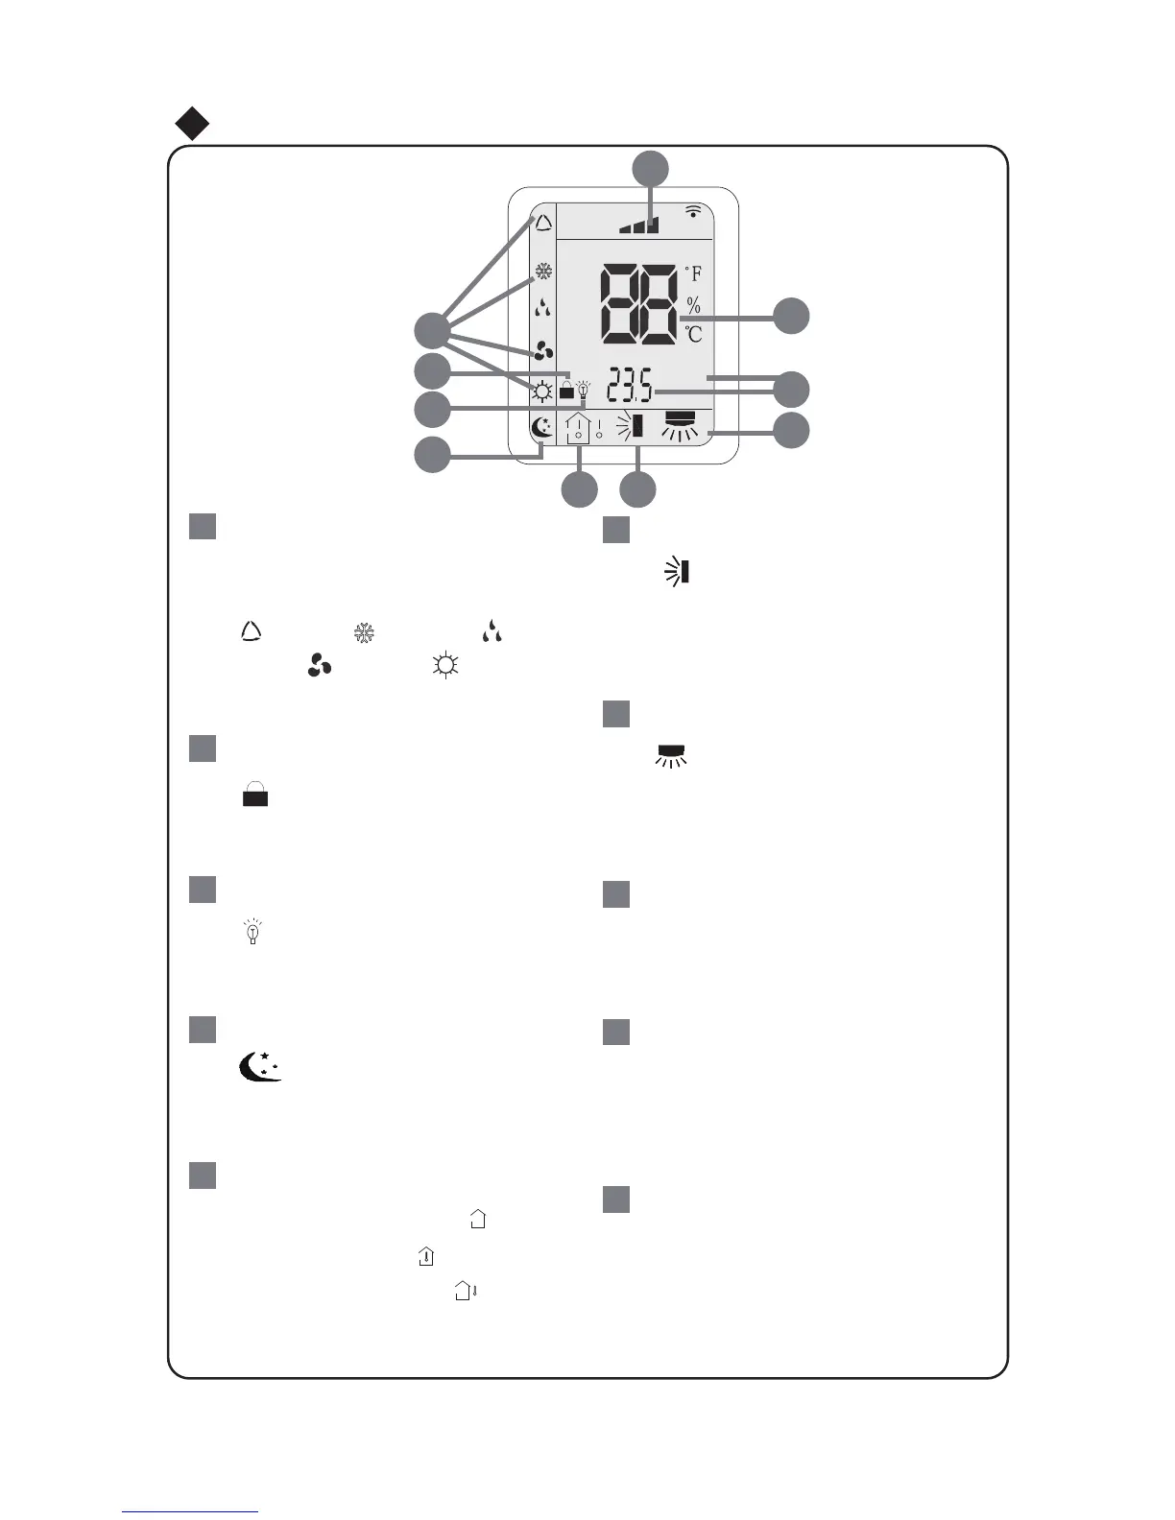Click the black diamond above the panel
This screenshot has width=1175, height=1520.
pyautogui.click(x=193, y=124)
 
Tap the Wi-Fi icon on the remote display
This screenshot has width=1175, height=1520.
pyautogui.click(x=693, y=211)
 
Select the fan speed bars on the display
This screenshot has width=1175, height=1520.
pyautogui.click(x=639, y=226)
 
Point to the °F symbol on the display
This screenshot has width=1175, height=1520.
pyautogui.click(x=693, y=274)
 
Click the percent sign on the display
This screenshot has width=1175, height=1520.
pyautogui.click(x=693, y=306)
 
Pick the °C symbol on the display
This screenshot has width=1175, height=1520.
pyautogui.click(x=693, y=335)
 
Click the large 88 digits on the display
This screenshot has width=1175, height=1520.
pyautogui.click(x=638, y=304)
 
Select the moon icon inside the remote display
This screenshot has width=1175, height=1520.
pyautogui.click(x=542, y=428)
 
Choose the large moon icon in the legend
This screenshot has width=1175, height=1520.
pyautogui.click(x=259, y=1066)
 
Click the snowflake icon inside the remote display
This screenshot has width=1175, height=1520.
pyautogui.click(x=543, y=273)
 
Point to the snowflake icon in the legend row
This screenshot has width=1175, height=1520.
pyautogui.click(x=364, y=633)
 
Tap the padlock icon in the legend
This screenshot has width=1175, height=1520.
pyautogui.click(x=255, y=795)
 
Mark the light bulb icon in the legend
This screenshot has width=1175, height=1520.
pyautogui.click(x=253, y=931)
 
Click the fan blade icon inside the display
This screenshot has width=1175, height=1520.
pyautogui.click(x=543, y=351)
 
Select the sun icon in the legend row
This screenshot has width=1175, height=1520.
pyautogui.click(x=444, y=666)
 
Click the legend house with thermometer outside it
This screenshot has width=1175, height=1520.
pyautogui.click(x=467, y=1291)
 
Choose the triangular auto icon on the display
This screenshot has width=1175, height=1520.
pyautogui.click(x=543, y=224)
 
